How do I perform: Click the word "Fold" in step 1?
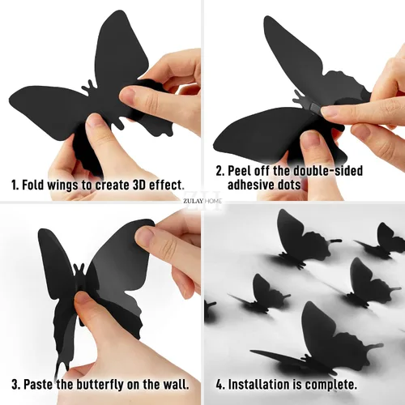pos(32,185)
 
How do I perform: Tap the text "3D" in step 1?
pos(139,185)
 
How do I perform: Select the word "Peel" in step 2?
pos(238,171)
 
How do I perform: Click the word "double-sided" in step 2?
pos(328,171)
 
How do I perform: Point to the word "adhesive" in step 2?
pos(249,185)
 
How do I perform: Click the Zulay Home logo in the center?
pos(202,201)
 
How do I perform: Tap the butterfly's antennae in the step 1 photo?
pos(88,87)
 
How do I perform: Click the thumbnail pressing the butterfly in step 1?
pos(129,95)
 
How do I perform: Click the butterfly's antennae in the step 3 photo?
pos(79,269)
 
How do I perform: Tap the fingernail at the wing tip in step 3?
pos(145,237)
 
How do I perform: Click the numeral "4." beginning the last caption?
pos(220,384)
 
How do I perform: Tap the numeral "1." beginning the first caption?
pos(15,185)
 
